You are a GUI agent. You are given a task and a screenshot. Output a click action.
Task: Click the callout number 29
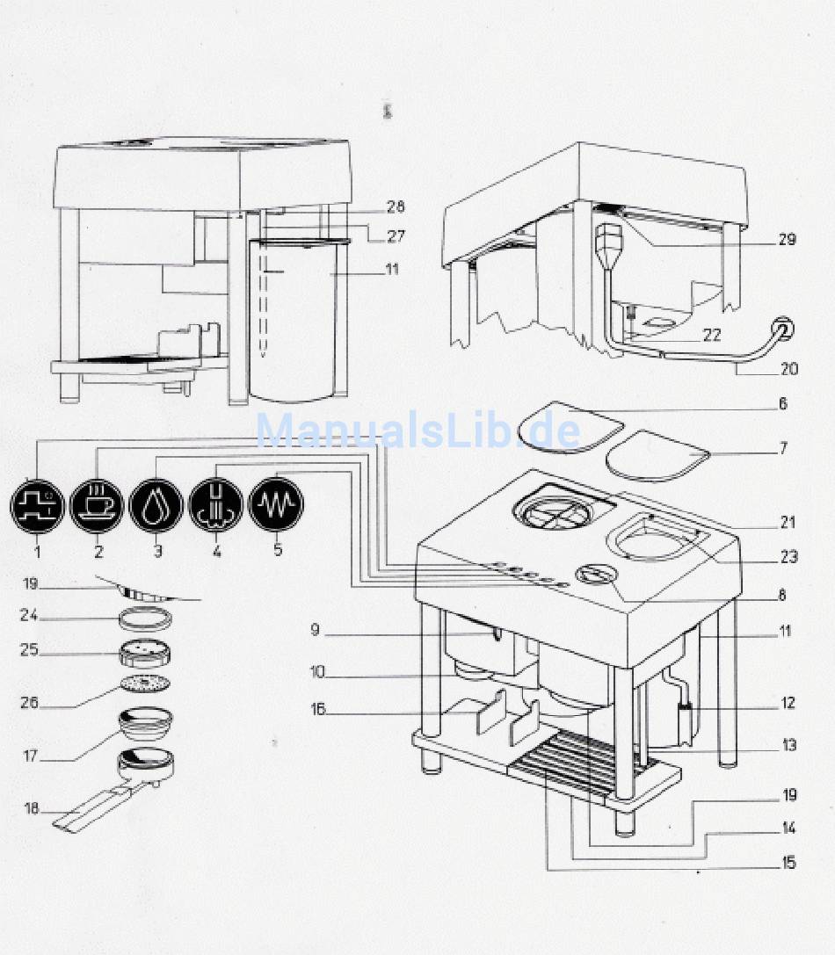click(787, 239)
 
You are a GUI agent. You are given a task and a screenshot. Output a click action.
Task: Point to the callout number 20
click(789, 369)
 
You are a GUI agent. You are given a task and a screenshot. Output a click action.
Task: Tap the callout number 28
click(395, 206)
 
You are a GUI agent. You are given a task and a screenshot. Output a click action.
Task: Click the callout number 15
click(787, 863)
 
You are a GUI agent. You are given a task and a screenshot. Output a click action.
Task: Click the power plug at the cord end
click(781, 331)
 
